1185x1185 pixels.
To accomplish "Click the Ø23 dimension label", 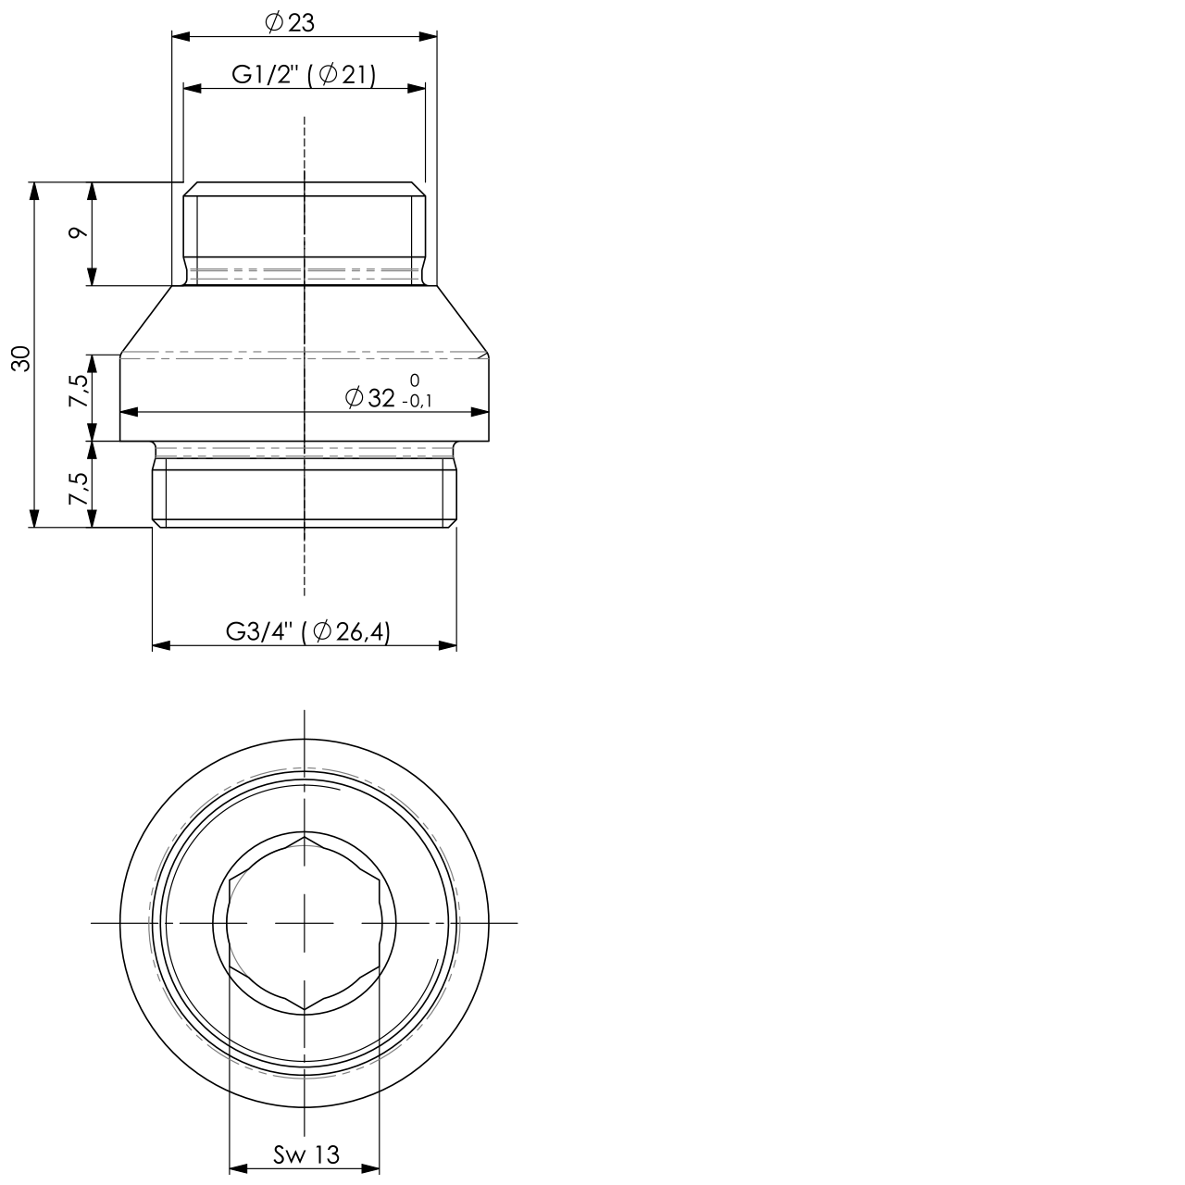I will (x=290, y=23).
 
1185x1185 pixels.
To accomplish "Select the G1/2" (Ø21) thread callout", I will (x=304, y=75).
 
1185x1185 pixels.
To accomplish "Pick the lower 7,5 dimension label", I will (x=80, y=488).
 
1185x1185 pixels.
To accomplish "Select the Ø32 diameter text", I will (x=369, y=398).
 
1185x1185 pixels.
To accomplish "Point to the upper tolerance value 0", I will (x=414, y=380).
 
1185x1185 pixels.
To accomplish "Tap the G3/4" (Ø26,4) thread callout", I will (x=308, y=632).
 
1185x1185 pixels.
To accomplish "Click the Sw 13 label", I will (x=306, y=1154).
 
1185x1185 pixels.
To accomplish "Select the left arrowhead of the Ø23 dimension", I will (x=181, y=37).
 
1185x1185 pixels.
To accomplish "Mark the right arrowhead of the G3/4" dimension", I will (x=448, y=645).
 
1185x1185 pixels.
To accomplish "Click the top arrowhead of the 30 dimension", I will (x=35, y=190).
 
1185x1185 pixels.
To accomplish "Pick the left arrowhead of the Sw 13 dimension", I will (x=238, y=1168).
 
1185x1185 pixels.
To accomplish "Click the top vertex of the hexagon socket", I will (x=305, y=836).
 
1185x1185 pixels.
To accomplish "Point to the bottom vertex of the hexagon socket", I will (x=305, y=1010).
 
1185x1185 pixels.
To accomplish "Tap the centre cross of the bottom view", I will (x=305, y=923).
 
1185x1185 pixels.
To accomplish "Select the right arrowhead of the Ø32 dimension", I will (x=480, y=413).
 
